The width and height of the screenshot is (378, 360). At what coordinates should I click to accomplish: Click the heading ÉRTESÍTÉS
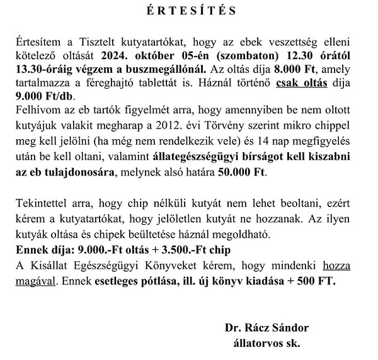click(188, 11)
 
